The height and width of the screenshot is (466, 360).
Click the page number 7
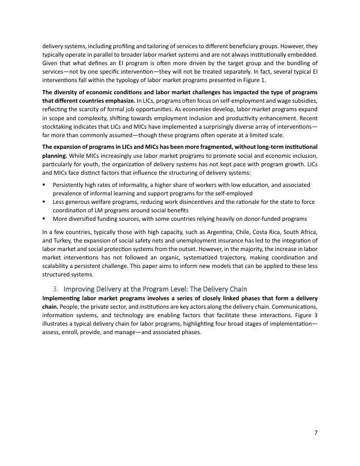pyautogui.click(x=316, y=433)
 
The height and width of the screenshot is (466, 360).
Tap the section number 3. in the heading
pyautogui.click(x=56, y=289)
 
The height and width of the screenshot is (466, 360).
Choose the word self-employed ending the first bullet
pyautogui.click(x=232, y=193)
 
